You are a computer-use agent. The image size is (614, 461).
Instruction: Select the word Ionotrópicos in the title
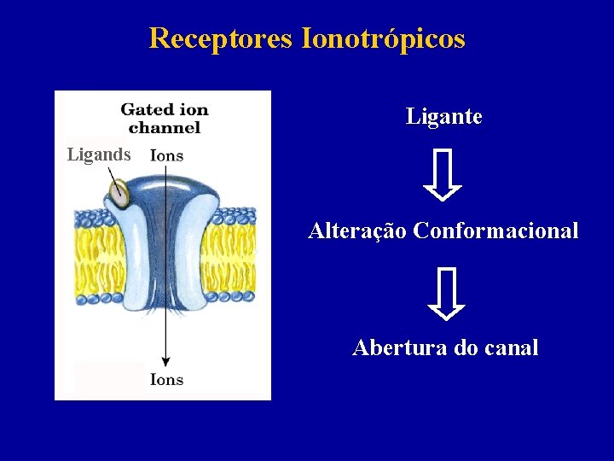point(383,38)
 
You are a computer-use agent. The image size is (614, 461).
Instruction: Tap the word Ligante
point(443,117)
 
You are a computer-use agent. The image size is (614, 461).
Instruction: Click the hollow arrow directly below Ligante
point(443,175)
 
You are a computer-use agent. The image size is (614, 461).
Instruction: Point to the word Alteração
point(357,230)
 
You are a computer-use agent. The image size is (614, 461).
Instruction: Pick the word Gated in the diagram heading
point(142,109)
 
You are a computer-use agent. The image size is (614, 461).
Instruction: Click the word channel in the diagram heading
point(165,127)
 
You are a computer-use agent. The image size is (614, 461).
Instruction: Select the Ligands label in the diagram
point(99,155)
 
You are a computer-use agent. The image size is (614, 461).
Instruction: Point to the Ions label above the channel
point(166,155)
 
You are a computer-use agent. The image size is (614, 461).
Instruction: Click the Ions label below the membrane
point(166,380)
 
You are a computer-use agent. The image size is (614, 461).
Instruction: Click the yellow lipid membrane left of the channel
point(96,255)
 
